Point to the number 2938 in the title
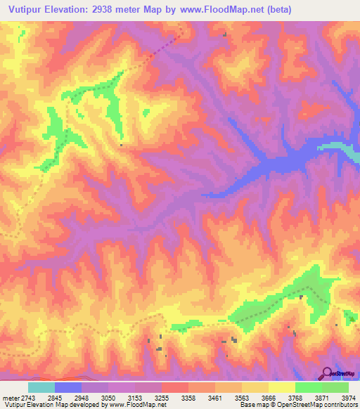click(x=107, y=9)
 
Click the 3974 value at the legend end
click(x=348, y=398)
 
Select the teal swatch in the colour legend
click(x=41, y=387)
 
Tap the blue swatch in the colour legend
click(x=68, y=387)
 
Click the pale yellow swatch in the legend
click(x=281, y=387)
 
